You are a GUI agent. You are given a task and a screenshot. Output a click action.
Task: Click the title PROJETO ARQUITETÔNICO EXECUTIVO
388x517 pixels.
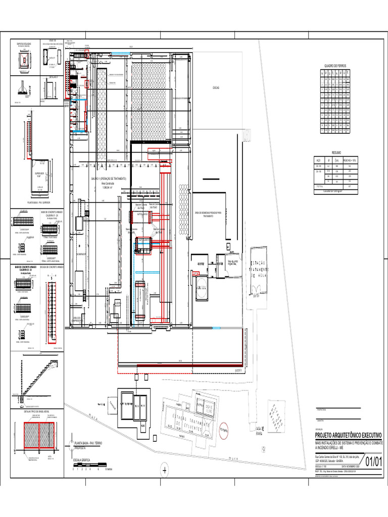(349, 435)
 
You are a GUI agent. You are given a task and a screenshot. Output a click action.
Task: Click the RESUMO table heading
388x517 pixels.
(336, 152)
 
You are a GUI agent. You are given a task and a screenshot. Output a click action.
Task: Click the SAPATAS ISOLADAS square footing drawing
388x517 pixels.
(24, 60)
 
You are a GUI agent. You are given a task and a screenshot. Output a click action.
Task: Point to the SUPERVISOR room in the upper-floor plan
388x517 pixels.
(39, 174)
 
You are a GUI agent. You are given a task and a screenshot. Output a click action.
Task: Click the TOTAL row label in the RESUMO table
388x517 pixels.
(320, 186)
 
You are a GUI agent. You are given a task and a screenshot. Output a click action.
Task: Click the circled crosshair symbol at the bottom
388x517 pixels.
(164, 470)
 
